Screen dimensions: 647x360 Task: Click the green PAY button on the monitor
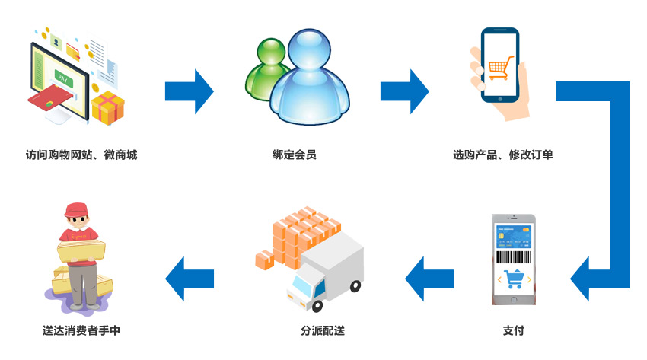pos(63,78)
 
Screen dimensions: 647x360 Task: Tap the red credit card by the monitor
pos(51,97)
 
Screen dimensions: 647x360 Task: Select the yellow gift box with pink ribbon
pos(108,107)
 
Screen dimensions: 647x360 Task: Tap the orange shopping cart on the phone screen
pos(501,68)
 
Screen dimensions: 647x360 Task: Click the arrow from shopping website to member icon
pos(190,91)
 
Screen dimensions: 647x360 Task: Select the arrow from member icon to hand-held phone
pos(405,91)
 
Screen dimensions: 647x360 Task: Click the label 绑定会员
pos(295,155)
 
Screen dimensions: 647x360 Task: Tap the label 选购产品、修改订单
pos(503,155)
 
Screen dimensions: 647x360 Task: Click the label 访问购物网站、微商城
pos(81,155)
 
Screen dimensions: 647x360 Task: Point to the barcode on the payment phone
pos(514,257)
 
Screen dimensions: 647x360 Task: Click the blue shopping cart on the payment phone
pos(514,279)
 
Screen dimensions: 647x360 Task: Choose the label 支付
pos(514,330)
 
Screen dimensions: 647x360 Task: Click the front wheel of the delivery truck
pos(317,305)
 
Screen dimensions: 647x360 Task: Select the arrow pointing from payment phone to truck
pos(429,279)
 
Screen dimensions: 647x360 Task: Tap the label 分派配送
pos(323,330)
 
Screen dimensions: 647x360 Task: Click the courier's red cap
pos(76,209)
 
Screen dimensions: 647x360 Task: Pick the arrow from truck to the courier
pos(190,279)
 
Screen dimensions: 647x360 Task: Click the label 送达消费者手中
pos(81,330)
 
